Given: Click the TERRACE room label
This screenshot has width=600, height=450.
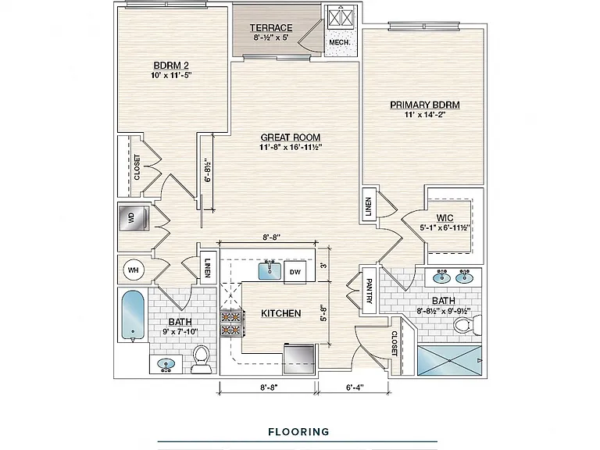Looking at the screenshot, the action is point(271,28).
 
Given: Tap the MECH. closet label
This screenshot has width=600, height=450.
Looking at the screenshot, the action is point(339,42).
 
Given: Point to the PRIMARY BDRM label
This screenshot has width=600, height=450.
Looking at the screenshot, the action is point(425,105).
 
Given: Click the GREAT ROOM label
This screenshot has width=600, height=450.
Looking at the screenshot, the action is point(291,137).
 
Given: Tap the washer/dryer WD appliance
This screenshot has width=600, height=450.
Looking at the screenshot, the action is point(134,219).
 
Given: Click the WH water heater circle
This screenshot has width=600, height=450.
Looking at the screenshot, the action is point(133,270).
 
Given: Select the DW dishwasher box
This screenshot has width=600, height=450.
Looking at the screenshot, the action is point(295,272).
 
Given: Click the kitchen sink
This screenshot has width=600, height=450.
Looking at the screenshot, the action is point(270,270).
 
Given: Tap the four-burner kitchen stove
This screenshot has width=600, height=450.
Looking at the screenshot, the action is point(230,323).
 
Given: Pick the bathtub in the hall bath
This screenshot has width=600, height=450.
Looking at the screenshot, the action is point(133,316).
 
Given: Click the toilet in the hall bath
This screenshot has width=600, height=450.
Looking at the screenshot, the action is point(202,359).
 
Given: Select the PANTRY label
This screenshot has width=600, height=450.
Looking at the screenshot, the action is point(370,291).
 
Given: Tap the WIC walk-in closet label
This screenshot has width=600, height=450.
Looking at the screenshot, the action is point(445,218).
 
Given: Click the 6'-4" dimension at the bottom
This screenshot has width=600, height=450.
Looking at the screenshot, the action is point(355,387).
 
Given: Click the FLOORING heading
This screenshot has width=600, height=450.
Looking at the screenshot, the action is point(299,432).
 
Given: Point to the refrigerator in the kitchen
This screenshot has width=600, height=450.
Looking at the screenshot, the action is point(299,359).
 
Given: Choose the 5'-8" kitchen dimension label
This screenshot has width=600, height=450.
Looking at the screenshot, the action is point(323,312).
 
